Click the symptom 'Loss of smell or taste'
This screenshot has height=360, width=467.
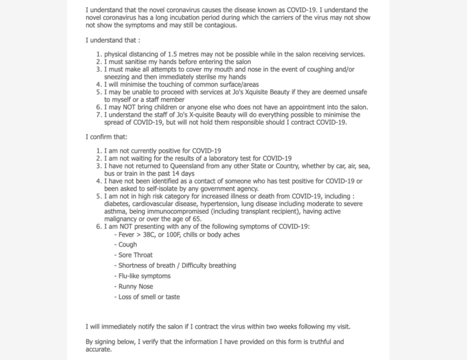tap(147, 297)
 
